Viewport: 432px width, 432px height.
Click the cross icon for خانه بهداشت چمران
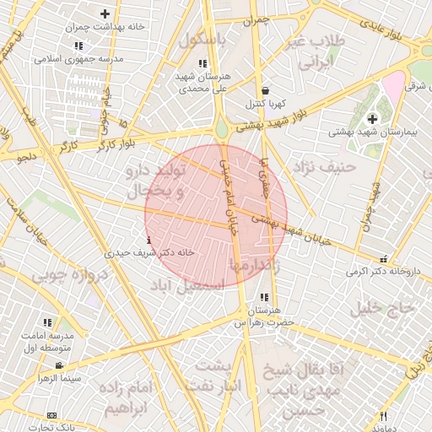tap(105, 14)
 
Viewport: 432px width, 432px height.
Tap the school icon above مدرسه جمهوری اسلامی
tap(78, 46)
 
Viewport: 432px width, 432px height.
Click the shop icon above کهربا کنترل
tap(266, 90)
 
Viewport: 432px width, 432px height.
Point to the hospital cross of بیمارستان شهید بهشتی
tap(372, 119)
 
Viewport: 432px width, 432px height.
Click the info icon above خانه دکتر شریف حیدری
tap(149, 240)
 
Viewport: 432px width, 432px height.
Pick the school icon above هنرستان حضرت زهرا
tap(265, 297)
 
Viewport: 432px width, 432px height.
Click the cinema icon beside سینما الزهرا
tap(58, 365)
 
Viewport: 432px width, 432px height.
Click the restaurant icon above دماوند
tap(383, 416)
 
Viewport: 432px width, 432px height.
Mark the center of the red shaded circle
tap(216, 216)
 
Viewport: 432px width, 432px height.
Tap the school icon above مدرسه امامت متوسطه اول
tap(47, 321)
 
